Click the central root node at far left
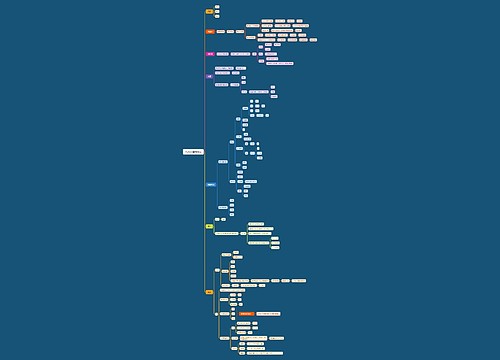[x=193, y=151]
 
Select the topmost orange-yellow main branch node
[x=210, y=11]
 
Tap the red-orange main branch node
[x=210, y=32]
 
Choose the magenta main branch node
[x=210, y=54]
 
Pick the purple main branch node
[x=210, y=76]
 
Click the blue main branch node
[x=210, y=185]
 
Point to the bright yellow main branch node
[x=210, y=226]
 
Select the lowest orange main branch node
[x=210, y=292]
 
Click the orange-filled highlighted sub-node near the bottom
[x=246, y=313]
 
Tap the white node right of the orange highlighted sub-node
[x=268, y=313]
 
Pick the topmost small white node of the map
[x=217, y=6]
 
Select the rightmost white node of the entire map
[x=313, y=40]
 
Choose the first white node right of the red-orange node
[x=220, y=32]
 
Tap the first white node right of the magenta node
[x=222, y=54]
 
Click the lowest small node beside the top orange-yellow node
[x=217, y=17]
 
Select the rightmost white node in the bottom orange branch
[x=299, y=281]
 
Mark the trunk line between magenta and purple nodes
[x=205, y=65]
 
